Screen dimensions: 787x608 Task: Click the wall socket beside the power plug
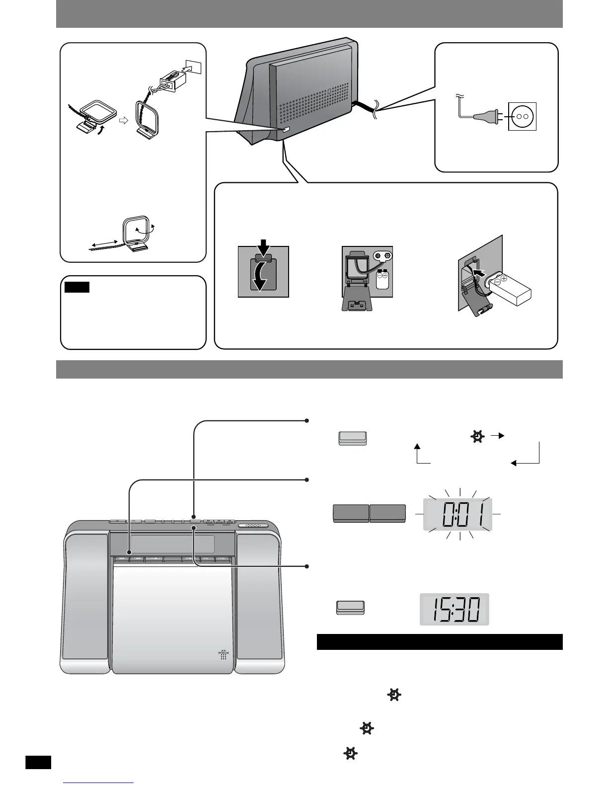point(522,116)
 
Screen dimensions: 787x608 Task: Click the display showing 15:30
point(454,609)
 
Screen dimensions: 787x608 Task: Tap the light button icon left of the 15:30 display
point(350,607)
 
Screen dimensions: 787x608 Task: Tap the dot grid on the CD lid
point(224,656)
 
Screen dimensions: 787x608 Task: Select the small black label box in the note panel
point(77,287)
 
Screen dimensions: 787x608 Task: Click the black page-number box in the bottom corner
point(38,762)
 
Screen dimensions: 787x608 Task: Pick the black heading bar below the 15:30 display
point(439,641)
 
